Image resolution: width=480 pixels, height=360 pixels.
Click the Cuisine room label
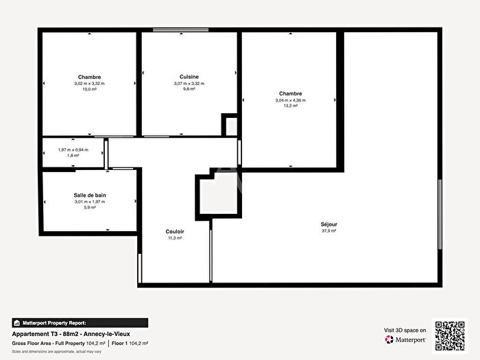189,76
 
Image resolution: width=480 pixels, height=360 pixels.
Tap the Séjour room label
328,224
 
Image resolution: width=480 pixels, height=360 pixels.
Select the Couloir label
175,231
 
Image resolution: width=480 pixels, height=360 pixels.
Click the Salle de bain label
90,195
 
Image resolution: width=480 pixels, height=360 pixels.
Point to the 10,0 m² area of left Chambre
90,89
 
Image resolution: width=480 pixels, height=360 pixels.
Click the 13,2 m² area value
290,106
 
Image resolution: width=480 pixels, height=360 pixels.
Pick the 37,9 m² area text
328,231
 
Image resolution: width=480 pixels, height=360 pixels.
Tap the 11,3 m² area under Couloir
175,238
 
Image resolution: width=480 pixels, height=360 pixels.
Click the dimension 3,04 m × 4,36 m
290,100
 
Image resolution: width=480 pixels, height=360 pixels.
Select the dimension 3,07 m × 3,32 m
189,83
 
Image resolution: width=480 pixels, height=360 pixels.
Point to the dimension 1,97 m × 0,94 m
73,149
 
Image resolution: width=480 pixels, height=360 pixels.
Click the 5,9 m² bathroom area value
90,208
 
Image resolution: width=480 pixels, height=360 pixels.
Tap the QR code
450,335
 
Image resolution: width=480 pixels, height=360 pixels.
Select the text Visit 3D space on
405,330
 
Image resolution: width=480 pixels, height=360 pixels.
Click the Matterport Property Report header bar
79,322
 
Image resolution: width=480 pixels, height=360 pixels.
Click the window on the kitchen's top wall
171,29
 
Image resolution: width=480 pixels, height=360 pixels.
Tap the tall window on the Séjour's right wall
440,215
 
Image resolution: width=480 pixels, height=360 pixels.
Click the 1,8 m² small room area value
73,156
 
